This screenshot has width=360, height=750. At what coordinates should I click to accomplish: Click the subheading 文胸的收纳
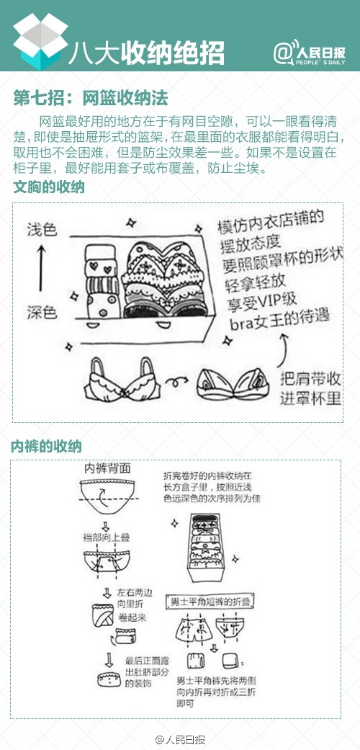pos(49,188)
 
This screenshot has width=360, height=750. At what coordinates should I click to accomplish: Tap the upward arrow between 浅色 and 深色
pos(42,271)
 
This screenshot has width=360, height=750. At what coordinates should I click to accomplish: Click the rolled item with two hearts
pos(99,268)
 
